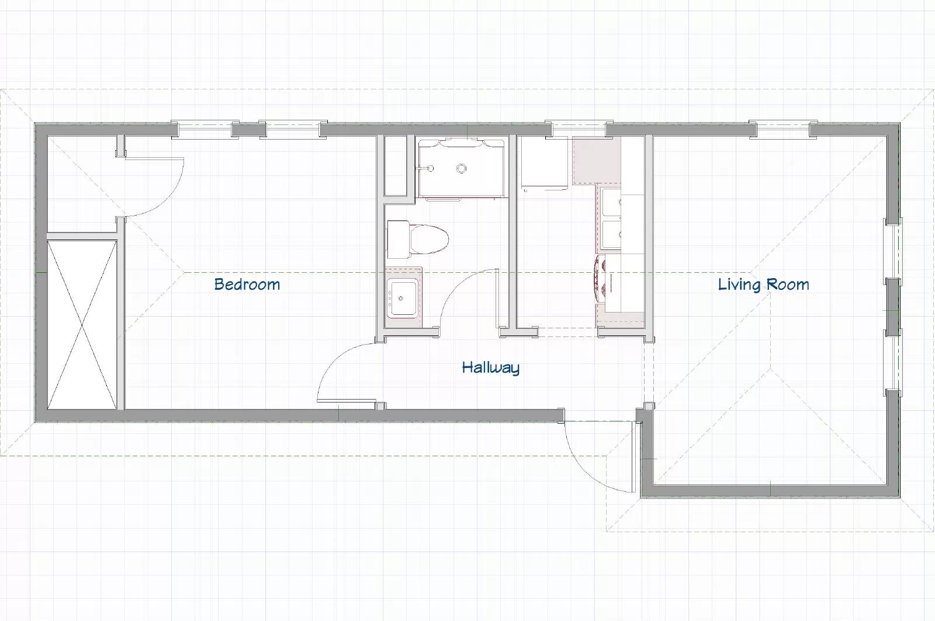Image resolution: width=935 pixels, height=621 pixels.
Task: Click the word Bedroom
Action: coord(247,284)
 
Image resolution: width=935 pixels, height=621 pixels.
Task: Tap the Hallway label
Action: coord(490,367)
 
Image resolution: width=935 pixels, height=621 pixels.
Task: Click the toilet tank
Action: coord(398,239)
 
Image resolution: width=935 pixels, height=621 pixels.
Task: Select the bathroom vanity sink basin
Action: coord(401,298)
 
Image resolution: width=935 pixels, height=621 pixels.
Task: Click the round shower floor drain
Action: coord(461,169)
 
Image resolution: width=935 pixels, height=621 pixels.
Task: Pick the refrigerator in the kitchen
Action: coord(545,163)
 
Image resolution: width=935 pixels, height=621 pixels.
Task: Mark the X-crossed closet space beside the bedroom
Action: coord(82,325)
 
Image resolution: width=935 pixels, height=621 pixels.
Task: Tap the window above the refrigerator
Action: coord(578,129)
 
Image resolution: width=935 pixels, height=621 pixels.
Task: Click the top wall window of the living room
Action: coord(782,129)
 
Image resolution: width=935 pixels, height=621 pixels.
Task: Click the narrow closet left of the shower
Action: coord(395,165)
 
